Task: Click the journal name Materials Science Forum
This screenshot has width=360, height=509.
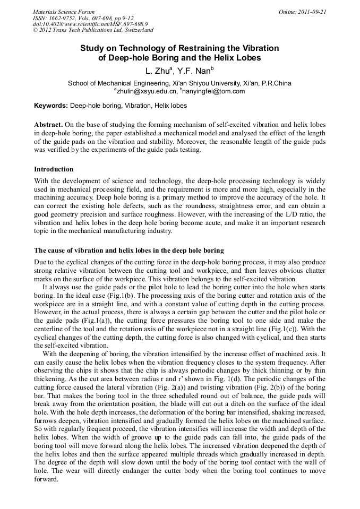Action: point(64,12)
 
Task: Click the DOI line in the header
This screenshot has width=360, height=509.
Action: point(90,24)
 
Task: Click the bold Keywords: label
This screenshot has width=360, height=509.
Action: point(51,106)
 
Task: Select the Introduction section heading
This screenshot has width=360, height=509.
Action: point(54,169)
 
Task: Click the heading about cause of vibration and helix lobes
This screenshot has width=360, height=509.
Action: point(129,250)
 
